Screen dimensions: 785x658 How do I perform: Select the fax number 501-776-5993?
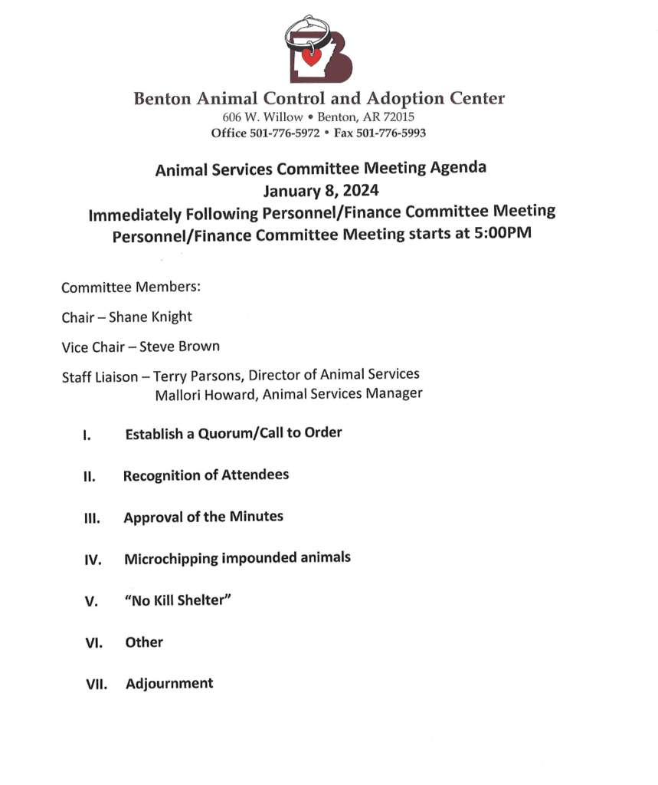[391, 133]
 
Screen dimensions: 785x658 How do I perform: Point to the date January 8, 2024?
[319, 189]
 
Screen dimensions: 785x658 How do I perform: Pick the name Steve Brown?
[179, 347]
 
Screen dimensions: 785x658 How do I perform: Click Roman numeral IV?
[93, 560]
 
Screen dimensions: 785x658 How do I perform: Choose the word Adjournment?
[169, 684]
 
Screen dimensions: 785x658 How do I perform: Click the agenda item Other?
[144, 642]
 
